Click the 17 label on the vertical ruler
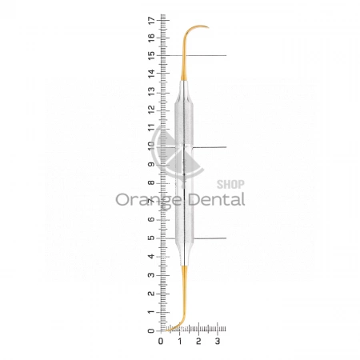tap(151, 20)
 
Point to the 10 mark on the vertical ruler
tap(151, 146)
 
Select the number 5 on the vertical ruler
tap(151, 238)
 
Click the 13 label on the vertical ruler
tap(151, 91)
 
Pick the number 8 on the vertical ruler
tap(151, 182)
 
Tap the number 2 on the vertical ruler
tap(151, 294)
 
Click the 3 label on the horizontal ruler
tap(218, 341)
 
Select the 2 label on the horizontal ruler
tap(198, 341)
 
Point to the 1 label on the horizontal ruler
tap(180, 341)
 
